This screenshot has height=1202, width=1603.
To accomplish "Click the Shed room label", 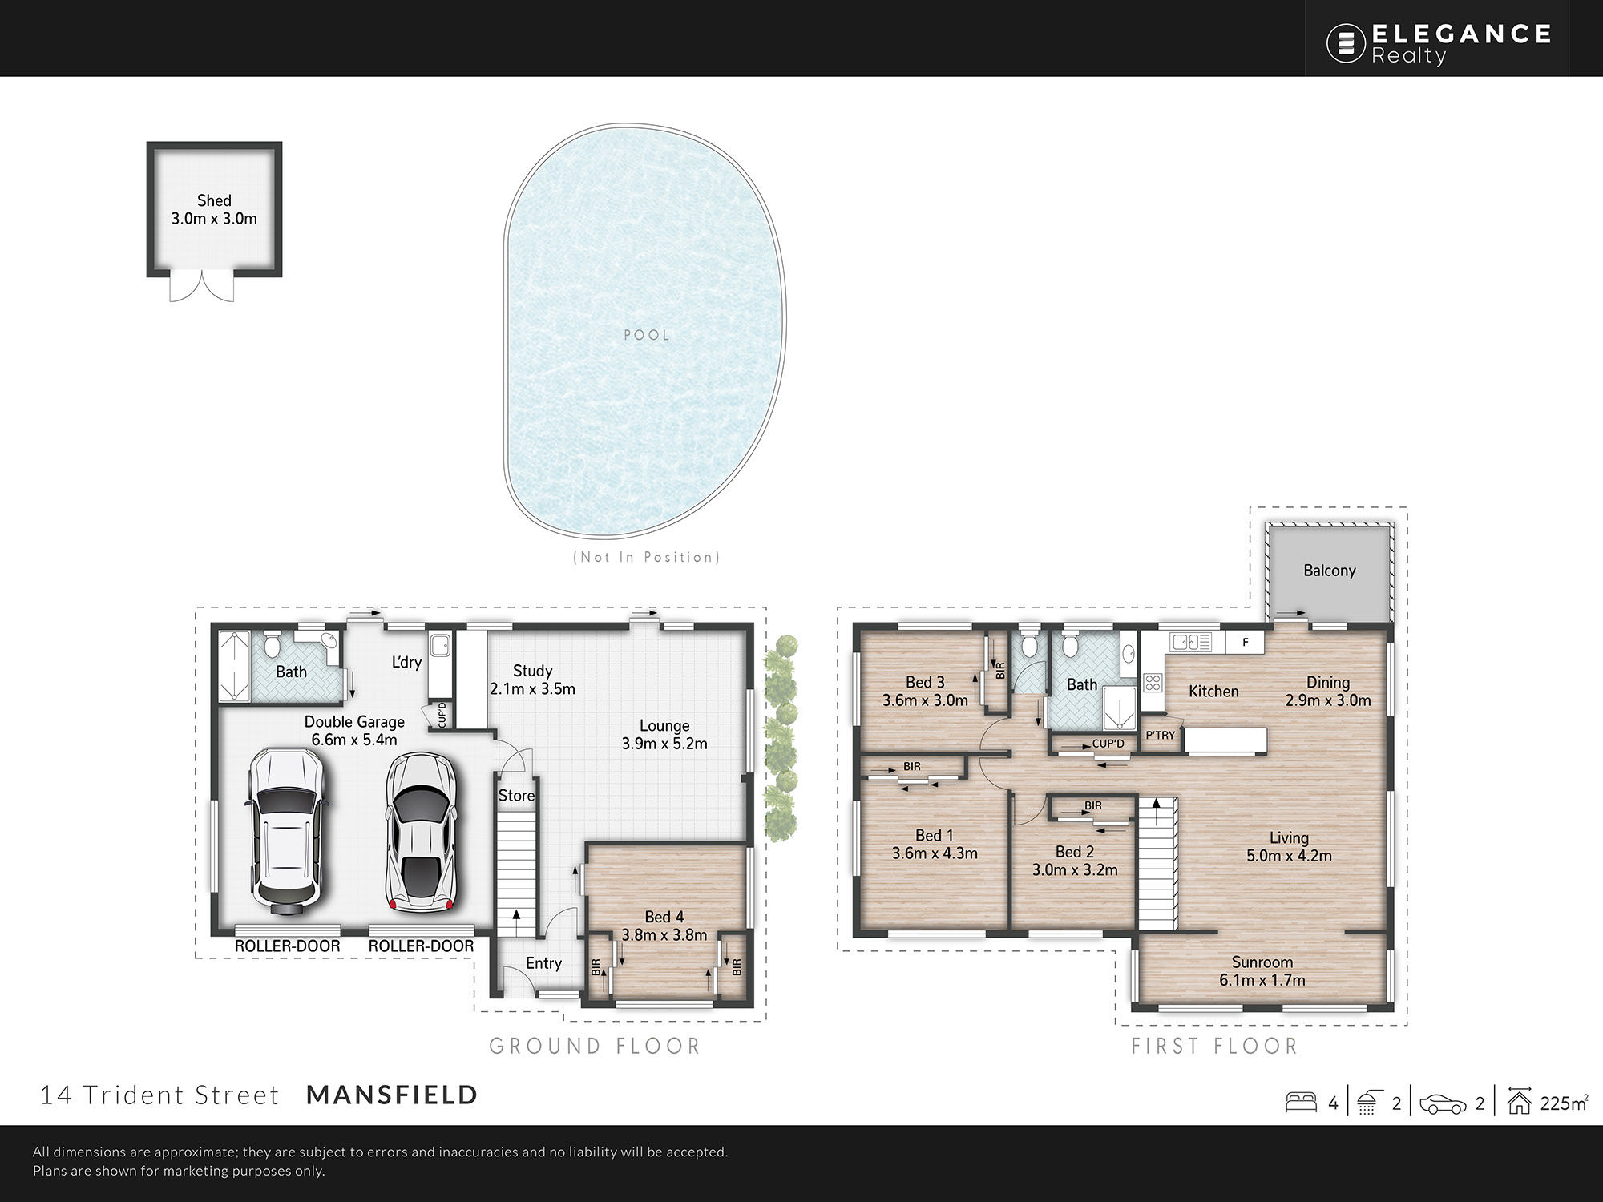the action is pos(214,200).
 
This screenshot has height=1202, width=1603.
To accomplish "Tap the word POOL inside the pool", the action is pos(647,335).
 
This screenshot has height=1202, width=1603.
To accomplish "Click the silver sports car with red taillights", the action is pos(421,832).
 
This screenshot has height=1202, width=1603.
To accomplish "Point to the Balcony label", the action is pos(1330,571).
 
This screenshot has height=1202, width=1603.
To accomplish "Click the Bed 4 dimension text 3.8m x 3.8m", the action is pos(664,934).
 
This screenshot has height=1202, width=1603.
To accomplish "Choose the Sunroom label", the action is pos(1262,962).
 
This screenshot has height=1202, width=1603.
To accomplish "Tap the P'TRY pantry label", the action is pos(1160,735).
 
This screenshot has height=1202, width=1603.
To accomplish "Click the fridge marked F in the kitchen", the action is pos(1246,642).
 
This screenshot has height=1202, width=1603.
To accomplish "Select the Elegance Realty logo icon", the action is pos(1346,43).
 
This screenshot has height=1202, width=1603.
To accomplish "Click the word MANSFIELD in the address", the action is pos(393,1095).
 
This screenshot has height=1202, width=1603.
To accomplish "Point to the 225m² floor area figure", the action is pos(1563,1103).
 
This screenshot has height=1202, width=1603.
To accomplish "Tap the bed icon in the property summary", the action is pos(1301,1103).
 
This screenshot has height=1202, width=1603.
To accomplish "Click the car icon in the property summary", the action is pos(1443,1104).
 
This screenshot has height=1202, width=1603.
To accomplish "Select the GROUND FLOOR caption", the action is pos(595,1046).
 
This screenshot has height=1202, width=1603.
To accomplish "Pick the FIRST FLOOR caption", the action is pos(1214,1046).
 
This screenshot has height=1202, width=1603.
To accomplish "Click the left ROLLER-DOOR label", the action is pos(287,946).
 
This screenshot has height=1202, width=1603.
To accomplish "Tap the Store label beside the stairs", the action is pos(516,796).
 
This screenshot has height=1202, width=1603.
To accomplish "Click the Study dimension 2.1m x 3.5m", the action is pos(532,688).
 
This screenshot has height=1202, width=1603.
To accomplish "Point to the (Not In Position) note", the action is pos(647,557).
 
